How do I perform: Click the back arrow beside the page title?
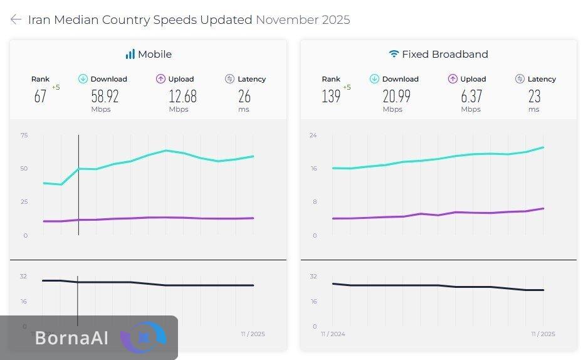click(x=16, y=19)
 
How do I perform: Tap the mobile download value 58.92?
click(x=105, y=96)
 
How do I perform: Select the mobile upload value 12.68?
click(x=182, y=96)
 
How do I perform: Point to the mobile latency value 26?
click(x=244, y=96)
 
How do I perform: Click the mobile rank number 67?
click(x=40, y=96)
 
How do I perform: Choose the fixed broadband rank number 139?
click(x=331, y=96)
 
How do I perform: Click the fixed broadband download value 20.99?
click(x=396, y=96)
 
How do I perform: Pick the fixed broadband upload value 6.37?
click(x=471, y=96)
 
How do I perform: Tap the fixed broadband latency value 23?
click(x=534, y=96)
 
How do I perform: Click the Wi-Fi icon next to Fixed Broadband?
click(x=394, y=54)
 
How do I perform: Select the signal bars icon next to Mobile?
click(x=130, y=54)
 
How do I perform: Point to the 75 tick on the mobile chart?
click(x=24, y=135)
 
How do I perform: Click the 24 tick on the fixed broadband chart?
click(x=313, y=135)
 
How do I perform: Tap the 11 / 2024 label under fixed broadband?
click(x=332, y=334)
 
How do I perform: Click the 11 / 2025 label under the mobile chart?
click(x=253, y=334)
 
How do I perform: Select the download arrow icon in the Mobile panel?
click(x=83, y=79)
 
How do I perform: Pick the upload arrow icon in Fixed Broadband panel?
click(x=453, y=79)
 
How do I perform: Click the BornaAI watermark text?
click(x=71, y=338)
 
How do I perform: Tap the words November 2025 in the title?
click(x=303, y=19)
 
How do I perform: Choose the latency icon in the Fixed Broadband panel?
click(x=520, y=79)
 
